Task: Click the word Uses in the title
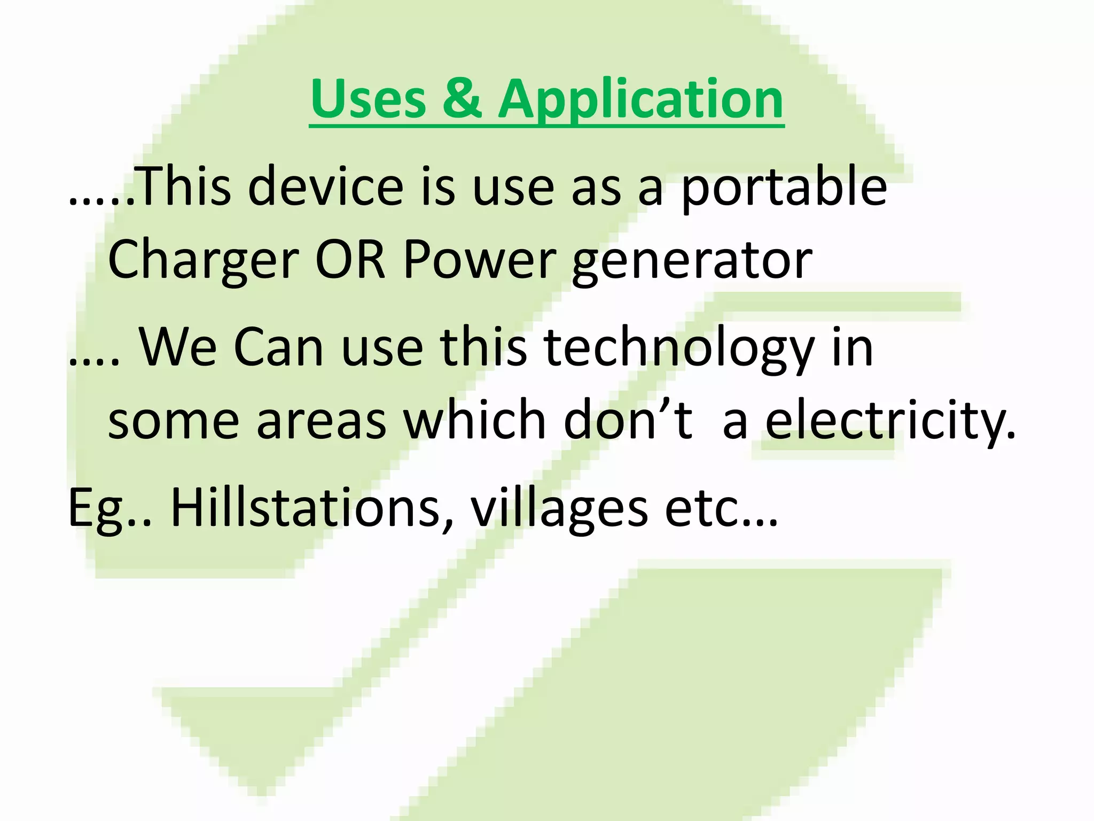pyautogui.click(x=368, y=99)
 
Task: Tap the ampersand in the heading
pyautogui.click(x=462, y=99)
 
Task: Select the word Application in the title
pyautogui.click(x=640, y=99)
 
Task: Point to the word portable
pyautogui.click(x=784, y=187)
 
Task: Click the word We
pyautogui.click(x=177, y=348)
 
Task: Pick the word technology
pyautogui.click(x=678, y=348)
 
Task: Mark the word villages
pyautogui.click(x=559, y=508)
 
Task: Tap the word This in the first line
pyautogui.click(x=184, y=187)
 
